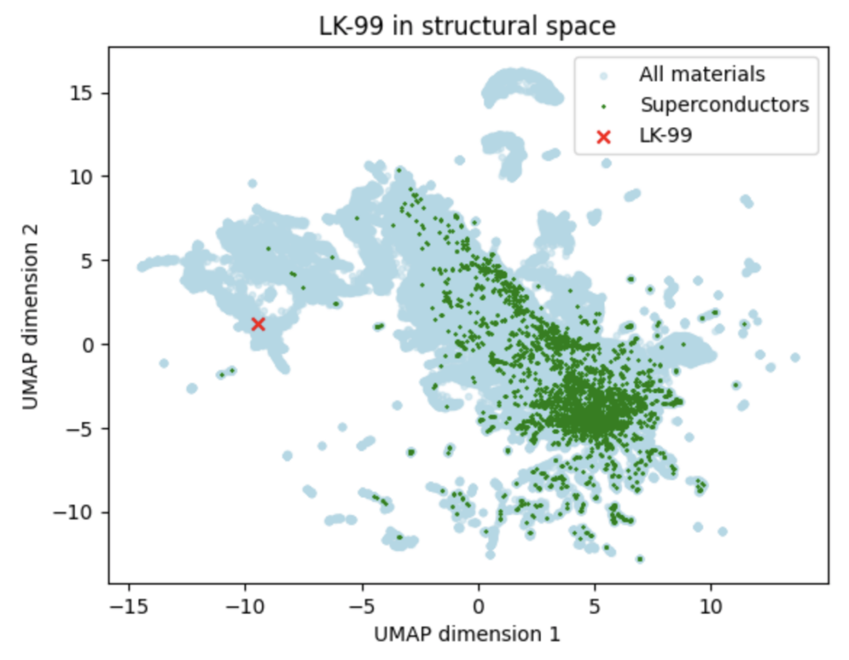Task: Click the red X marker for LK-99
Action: tap(258, 323)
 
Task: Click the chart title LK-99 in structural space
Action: tap(468, 26)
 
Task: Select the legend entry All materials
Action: tap(701, 74)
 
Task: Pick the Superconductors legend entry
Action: tap(724, 104)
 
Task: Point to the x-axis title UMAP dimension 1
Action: tap(468, 635)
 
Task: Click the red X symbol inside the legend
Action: tap(603, 136)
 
